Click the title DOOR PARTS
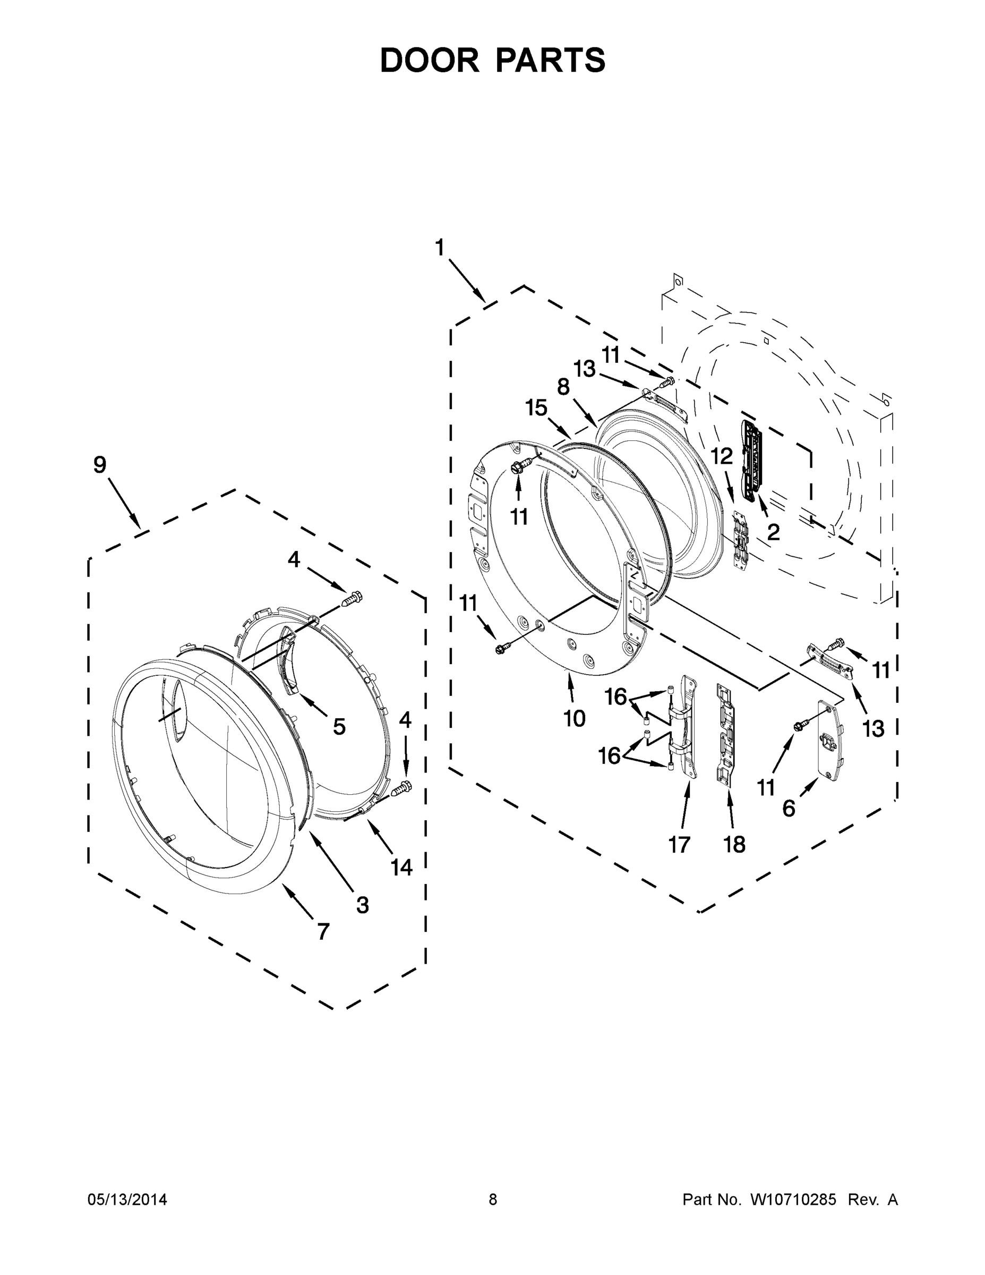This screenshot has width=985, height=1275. tap(493, 60)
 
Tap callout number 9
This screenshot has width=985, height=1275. tap(100, 465)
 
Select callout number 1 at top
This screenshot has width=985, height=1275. tap(439, 248)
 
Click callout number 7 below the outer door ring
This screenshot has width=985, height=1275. tap(323, 932)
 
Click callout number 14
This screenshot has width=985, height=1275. tap(401, 868)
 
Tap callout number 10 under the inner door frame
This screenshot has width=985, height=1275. tap(574, 719)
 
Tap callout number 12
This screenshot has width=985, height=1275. tap(721, 456)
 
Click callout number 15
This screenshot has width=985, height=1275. tap(536, 407)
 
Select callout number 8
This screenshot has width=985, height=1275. tap(562, 387)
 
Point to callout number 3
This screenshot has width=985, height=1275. tap(362, 905)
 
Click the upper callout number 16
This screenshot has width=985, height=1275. tap(615, 696)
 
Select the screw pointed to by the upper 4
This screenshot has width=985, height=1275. tap(352, 598)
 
